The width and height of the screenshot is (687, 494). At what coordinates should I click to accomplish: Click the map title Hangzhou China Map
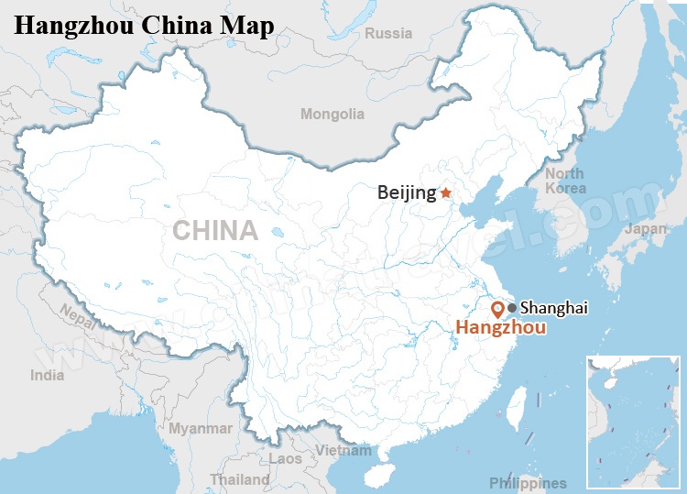[x=144, y=25]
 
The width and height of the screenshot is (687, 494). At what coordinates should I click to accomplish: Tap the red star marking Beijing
[x=445, y=192]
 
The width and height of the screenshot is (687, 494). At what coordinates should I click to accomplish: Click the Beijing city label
[x=407, y=192]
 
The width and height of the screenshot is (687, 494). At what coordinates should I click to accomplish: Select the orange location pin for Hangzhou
[x=497, y=309]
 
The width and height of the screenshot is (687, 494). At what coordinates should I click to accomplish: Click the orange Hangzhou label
[x=501, y=328]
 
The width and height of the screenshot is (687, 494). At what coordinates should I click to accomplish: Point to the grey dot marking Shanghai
[x=511, y=307]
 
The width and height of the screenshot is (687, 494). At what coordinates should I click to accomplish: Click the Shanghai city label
[x=553, y=308]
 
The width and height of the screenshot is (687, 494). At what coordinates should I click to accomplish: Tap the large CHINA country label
[x=216, y=230]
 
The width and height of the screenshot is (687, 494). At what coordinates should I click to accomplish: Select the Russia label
[x=388, y=34]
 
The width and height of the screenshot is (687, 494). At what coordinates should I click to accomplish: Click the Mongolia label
[x=333, y=115]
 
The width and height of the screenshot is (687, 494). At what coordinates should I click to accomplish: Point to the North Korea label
[x=565, y=181]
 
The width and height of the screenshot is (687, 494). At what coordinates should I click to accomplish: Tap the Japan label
[x=646, y=229]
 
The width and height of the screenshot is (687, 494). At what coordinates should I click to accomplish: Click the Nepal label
[x=77, y=315]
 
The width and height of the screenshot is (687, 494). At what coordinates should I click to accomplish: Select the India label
[x=48, y=375]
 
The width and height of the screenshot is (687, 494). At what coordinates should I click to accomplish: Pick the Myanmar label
[x=201, y=428]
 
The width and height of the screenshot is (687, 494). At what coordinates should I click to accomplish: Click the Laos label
[x=286, y=458]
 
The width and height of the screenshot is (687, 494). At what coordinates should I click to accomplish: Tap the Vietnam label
[x=343, y=450]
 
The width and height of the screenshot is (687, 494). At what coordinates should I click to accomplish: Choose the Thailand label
[x=240, y=479]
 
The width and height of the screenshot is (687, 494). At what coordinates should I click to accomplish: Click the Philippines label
[x=528, y=483]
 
